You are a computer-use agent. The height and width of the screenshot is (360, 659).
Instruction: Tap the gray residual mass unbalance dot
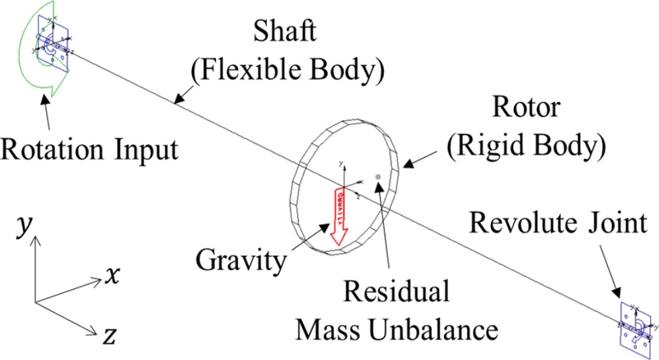[378, 176]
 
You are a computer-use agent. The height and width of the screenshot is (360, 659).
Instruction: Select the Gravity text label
[241, 262]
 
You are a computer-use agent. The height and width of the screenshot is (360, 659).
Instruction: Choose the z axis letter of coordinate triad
[110, 334]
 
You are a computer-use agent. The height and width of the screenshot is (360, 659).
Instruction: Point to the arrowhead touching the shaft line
[175, 102]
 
